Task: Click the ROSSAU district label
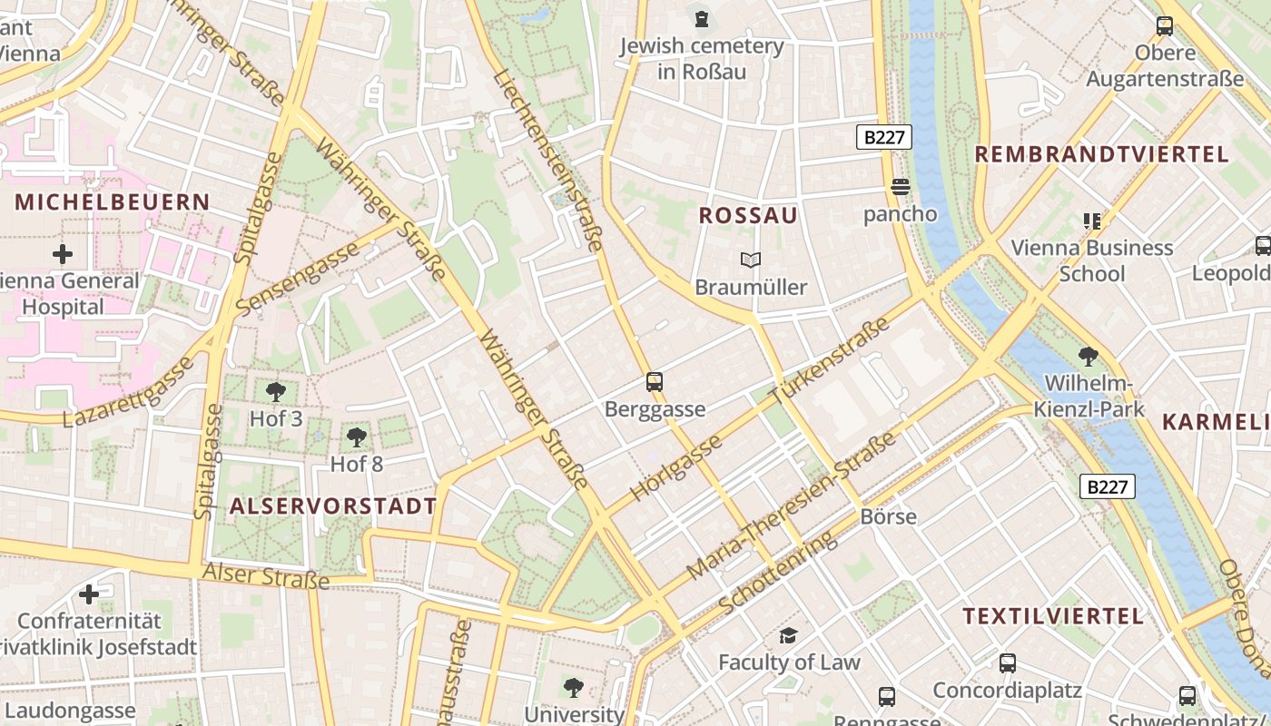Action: pyautogui.click(x=748, y=215)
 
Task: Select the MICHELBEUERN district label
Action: pyautogui.click(x=112, y=201)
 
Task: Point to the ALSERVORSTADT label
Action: pyautogui.click(x=333, y=505)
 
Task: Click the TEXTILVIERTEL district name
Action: pyautogui.click(x=1053, y=616)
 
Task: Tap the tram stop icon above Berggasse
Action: pyautogui.click(x=655, y=382)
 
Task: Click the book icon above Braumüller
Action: pyautogui.click(x=750, y=260)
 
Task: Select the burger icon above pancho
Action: pyautogui.click(x=901, y=187)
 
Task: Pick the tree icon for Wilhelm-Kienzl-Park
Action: pyautogui.click(x=1088, y=356)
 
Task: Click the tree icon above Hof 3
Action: pyautogui.click(x=276, y=392)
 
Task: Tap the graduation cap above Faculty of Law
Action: pyautogui.click(x=788, y=635)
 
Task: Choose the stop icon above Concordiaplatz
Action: pyautogui.click(x=1007, y=663)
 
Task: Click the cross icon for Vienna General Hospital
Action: pyautogui.click(x=63, y=253)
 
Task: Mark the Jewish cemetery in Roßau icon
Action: pyautogui.click(x=701, y=18)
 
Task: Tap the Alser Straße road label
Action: pyautogui.click(x=265, y=575)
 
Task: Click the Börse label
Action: pyautogui.click(x=888, y=516)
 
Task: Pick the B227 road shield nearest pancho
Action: pyautogui.click(x=883, y=137)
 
